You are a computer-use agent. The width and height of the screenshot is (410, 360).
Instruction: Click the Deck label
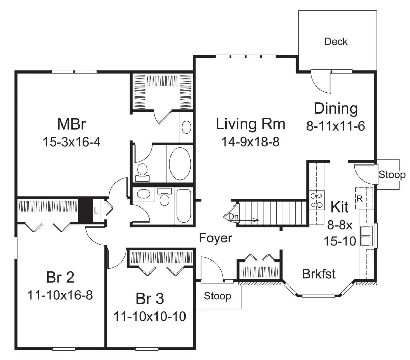tap(336, 42)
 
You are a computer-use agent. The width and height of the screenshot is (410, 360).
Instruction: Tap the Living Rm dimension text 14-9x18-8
tap(250, 142)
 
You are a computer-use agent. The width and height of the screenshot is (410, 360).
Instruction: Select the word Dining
tap(336, 109)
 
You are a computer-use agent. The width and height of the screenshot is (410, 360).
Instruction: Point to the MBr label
tap(72, 124)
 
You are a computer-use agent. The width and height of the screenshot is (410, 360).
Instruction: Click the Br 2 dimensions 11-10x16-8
tap(60, 295)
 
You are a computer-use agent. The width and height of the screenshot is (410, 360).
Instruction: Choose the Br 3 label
tap(150, 298)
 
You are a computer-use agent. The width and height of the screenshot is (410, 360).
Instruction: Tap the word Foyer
tap(215, 238)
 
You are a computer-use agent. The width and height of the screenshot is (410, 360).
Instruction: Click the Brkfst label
tap(319, 274)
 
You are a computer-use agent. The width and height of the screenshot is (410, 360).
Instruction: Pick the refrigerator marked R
tap(364, 198)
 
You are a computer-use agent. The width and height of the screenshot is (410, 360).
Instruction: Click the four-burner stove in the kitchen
tap(316, 200)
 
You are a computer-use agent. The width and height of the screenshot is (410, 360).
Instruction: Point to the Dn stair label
tap(233, 217)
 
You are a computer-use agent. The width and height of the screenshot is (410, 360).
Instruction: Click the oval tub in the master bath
tap(180, 164)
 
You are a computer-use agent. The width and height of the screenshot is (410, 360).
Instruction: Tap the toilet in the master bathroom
tap(142, 172)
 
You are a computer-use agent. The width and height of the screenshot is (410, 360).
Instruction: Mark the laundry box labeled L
tap(96, 211)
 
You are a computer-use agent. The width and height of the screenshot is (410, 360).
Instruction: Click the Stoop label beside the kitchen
tap(392, 175)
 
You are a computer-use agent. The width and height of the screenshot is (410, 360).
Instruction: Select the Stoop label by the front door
tap(217, 296)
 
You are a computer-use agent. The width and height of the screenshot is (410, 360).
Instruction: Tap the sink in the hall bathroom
tap(143, 194)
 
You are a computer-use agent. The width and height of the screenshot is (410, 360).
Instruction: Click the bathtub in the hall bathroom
tap(183, 205)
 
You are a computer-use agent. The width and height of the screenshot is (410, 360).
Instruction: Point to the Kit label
tap(340, 207)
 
